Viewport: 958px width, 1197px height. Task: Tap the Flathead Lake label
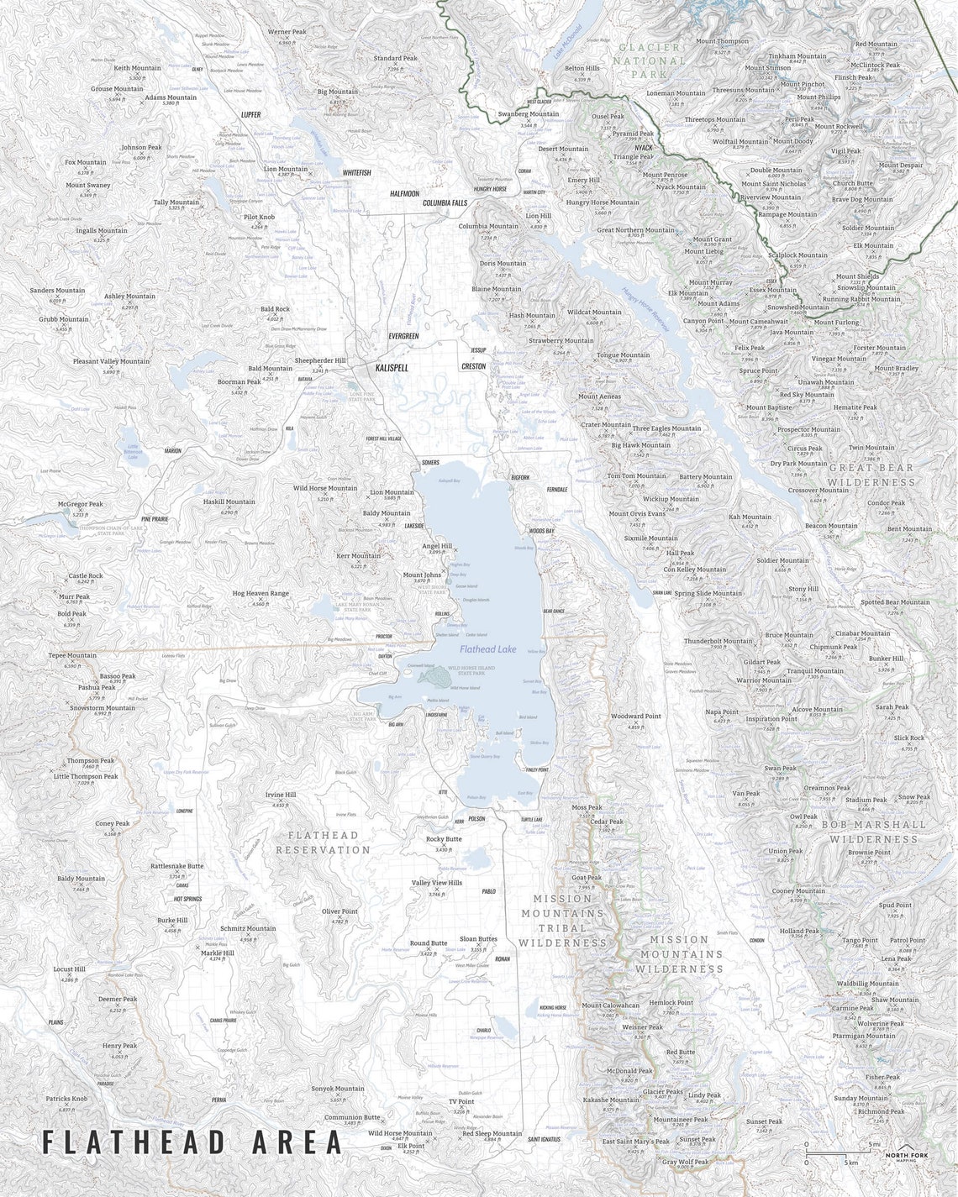point(487,648)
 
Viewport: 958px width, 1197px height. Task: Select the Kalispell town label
point(391,368)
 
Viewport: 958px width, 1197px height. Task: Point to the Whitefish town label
point(356,172)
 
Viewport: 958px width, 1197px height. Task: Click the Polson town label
point(476,818)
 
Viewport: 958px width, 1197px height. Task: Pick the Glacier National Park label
point(650,61)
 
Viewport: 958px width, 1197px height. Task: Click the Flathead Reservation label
point(323,843)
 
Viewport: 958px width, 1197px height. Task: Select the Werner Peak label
point(287,32)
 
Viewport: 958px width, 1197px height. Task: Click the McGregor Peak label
point(81,505)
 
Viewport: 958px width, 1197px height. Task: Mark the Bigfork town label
point(520,477)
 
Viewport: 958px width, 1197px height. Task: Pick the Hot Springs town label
point(187,899)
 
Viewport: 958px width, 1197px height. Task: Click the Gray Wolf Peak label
point(685,1162)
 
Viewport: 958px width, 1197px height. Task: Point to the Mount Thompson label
point(722,41)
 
